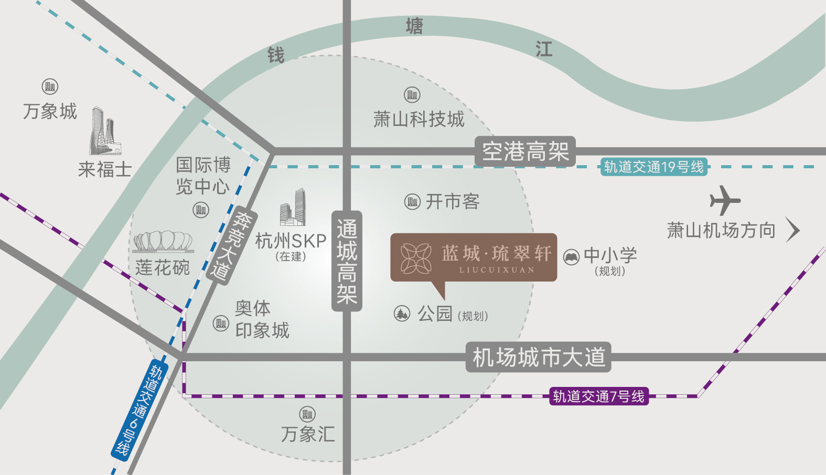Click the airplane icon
(725, 200)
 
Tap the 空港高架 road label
(525, 152)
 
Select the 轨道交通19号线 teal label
(654, 167)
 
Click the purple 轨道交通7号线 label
(599, 396)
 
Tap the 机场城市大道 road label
(539, 357)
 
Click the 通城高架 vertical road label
(347, 261)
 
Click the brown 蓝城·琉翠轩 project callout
(474, 258)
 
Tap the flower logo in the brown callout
(416, 258)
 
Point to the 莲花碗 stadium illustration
(163, 242)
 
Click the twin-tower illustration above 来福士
(105, 131)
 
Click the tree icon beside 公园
(402, 314)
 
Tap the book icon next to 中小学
(571, 257)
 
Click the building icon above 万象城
(50, 87)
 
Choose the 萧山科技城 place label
(419, 120)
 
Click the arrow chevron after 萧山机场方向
(792, 230)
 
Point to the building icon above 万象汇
(307, 414)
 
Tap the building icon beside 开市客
(412, 202)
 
